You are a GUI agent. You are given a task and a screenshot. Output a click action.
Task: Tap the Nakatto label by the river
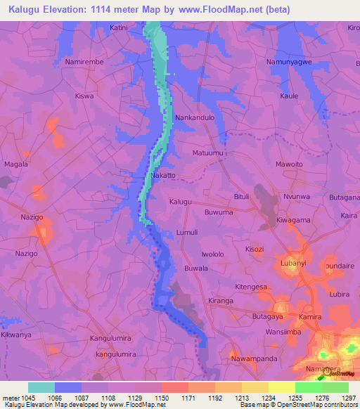(163, 175)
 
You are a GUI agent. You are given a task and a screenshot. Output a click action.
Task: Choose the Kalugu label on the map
(181, 202)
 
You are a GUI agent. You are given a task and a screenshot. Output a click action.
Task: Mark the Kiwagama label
(294, 220)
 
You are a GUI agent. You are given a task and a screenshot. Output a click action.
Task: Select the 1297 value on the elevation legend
(349, 398)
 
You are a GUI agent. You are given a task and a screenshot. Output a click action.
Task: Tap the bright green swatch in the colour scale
(309, 387)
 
